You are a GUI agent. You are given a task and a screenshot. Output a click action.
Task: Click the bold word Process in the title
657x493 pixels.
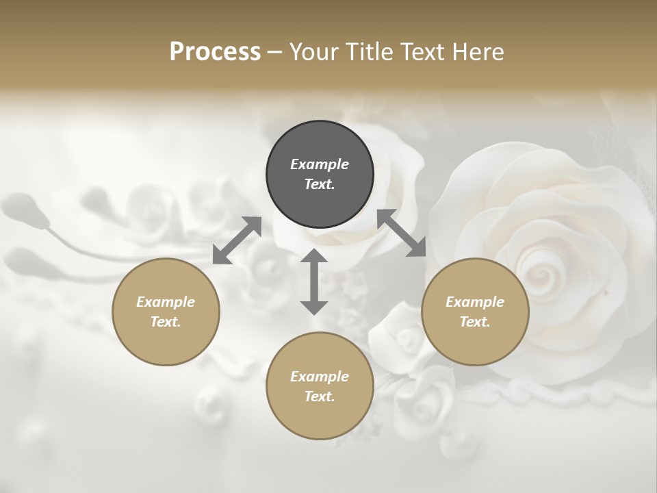coord(215,52)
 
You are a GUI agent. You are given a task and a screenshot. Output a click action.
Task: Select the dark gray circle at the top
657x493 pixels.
coord(320,174)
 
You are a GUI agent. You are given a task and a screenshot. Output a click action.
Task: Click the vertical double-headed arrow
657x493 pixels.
coord(314,281)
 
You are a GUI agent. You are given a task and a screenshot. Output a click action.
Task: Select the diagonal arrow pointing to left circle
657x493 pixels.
coord(237,240)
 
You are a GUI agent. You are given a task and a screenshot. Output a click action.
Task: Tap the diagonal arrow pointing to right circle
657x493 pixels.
coord(402,233)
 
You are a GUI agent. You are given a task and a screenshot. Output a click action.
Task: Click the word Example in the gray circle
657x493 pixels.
coord(320,164)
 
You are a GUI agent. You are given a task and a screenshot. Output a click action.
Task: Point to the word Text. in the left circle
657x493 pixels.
coord(166,322)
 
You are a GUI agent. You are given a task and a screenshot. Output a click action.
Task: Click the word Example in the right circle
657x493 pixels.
coord(475,302)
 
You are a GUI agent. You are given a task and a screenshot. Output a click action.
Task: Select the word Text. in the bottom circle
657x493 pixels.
coord(320,396)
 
